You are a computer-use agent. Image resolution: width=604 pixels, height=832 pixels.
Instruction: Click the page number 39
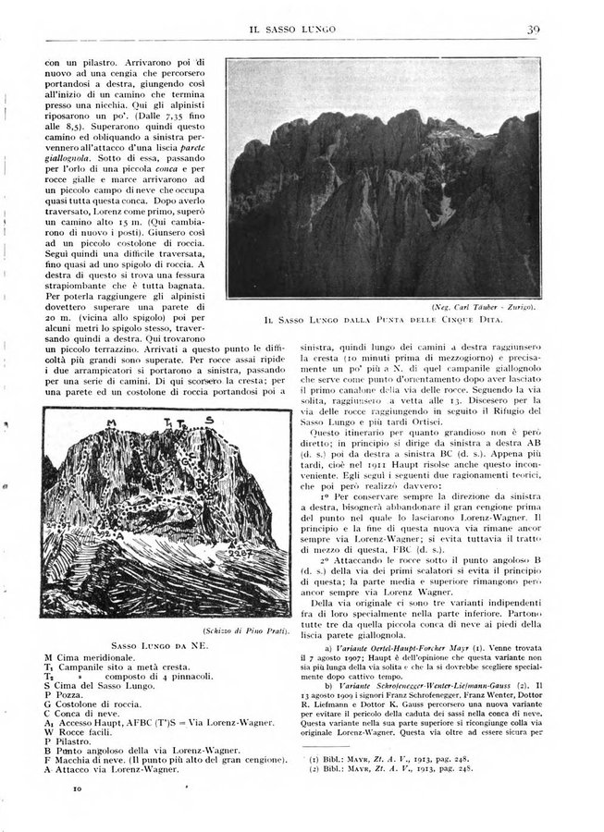pyautogui.click(x=534, y=30)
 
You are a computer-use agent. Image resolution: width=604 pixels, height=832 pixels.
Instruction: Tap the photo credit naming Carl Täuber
pyautogui.click(x=488, y=306)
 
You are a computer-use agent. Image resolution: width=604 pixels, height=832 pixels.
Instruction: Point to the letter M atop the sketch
pyautogui.click(x=112, y=422)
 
